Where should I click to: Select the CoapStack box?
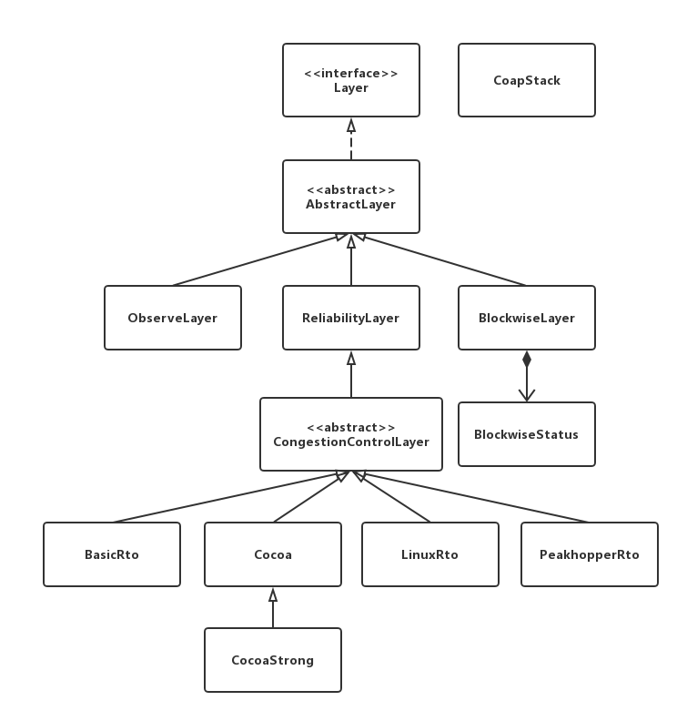pyautogui.click(x=526, y=80)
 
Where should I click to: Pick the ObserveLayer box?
pyautogui.click(x=172, y=318)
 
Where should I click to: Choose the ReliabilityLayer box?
pyautogui.click(x=350, y=318)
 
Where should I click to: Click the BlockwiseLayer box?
pyautogui.click(x=526, y=318)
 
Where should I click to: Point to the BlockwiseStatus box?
pyautogui.click(x=526, y=434)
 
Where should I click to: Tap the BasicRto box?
pyautogui.click(x=111, y=554)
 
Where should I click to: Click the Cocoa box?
pyautogui.click(x=272, y=554)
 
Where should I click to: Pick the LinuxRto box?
pyautogui.click(x=429, y=554)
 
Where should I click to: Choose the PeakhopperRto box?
pyautogui.click(x=589, y=554)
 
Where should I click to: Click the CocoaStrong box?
pyautogui.click(x=272, y=660)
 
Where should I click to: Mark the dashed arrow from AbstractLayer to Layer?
pyautogui.click(x=351, y=138)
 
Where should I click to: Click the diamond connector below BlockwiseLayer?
pyautogui.click(x=526, y=360)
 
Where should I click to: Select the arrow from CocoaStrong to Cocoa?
pyautogui.click(x=272, y=607)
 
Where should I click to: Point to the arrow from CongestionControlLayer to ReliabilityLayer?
pyautogui.click(x=351, y=374)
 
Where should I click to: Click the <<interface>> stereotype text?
pyautogui.click(x=350, y=73)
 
